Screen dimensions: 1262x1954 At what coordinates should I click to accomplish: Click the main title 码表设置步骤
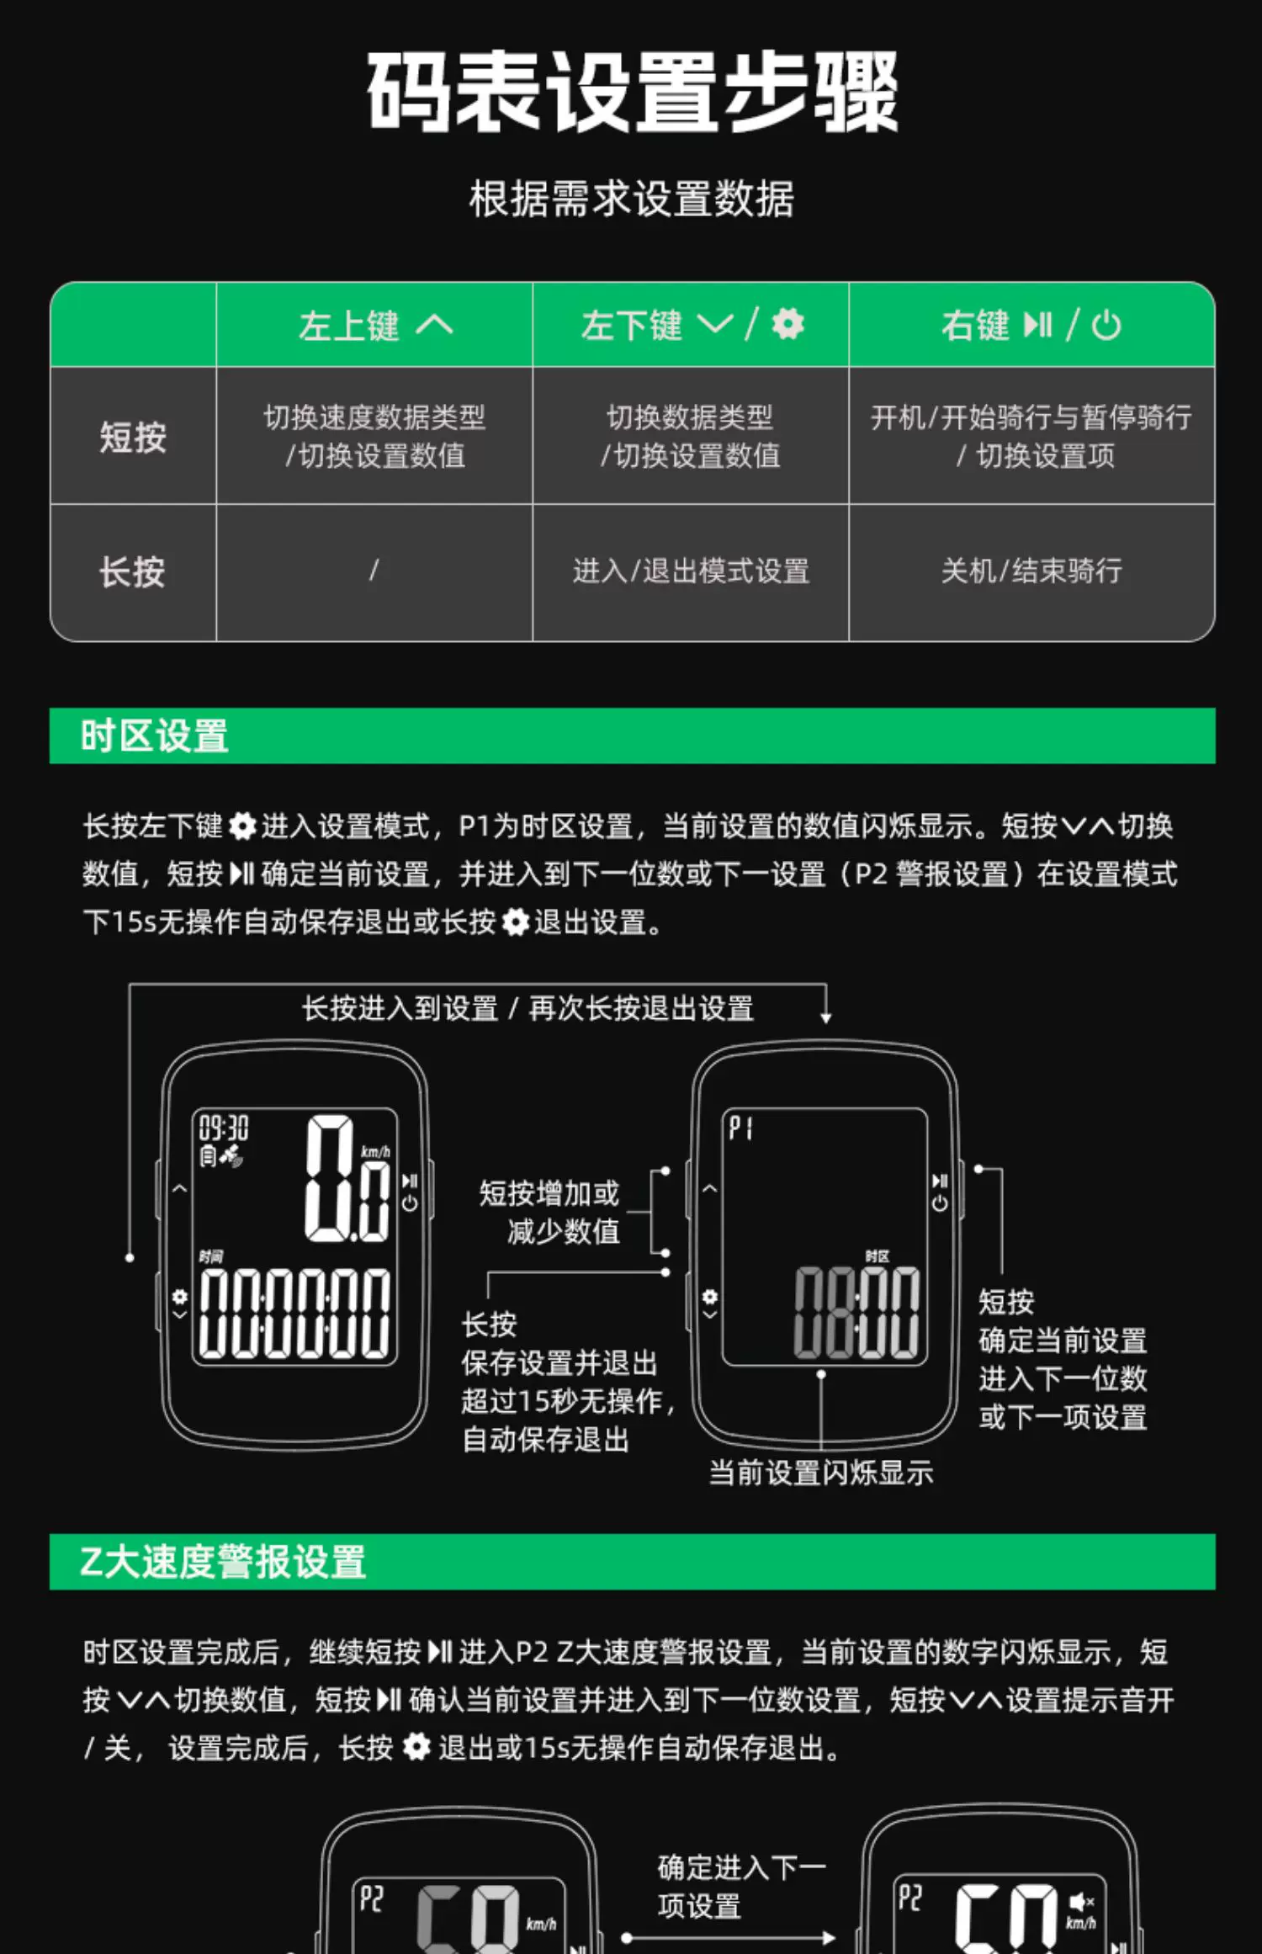(632, 91)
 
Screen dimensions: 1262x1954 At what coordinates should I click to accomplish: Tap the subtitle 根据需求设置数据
(632, 199)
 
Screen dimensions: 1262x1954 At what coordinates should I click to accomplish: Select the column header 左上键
(348, 326)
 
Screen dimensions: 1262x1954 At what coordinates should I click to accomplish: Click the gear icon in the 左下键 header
(788, 324)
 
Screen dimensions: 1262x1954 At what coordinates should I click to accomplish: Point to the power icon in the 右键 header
(1106, 325)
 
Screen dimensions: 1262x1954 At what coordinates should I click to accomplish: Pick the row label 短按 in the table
(133, 437)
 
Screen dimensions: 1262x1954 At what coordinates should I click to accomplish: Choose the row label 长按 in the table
(132, 572)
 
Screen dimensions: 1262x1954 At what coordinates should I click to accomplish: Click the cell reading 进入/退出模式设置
(691, 571)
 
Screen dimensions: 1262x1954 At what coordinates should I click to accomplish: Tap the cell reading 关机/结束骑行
(1031, 571)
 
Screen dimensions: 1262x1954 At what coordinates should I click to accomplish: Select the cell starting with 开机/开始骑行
(1031, 436)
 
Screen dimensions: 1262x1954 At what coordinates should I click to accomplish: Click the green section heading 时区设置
(154, 735)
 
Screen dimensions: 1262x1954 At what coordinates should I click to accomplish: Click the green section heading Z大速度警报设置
(223, 1562)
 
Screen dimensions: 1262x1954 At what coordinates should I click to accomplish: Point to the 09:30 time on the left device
(224, 1128)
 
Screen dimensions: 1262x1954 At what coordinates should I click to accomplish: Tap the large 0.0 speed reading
(347, 1178)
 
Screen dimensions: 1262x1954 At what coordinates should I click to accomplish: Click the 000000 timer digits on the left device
(294, 1313)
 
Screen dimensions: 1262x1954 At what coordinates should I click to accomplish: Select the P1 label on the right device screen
(740, 1128)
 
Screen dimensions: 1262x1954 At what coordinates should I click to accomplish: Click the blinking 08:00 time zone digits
(857, 1313)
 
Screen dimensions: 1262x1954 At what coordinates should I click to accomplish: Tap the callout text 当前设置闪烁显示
(821, 1473)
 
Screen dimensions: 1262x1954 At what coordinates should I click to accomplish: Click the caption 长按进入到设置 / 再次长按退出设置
(528, 1008)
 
